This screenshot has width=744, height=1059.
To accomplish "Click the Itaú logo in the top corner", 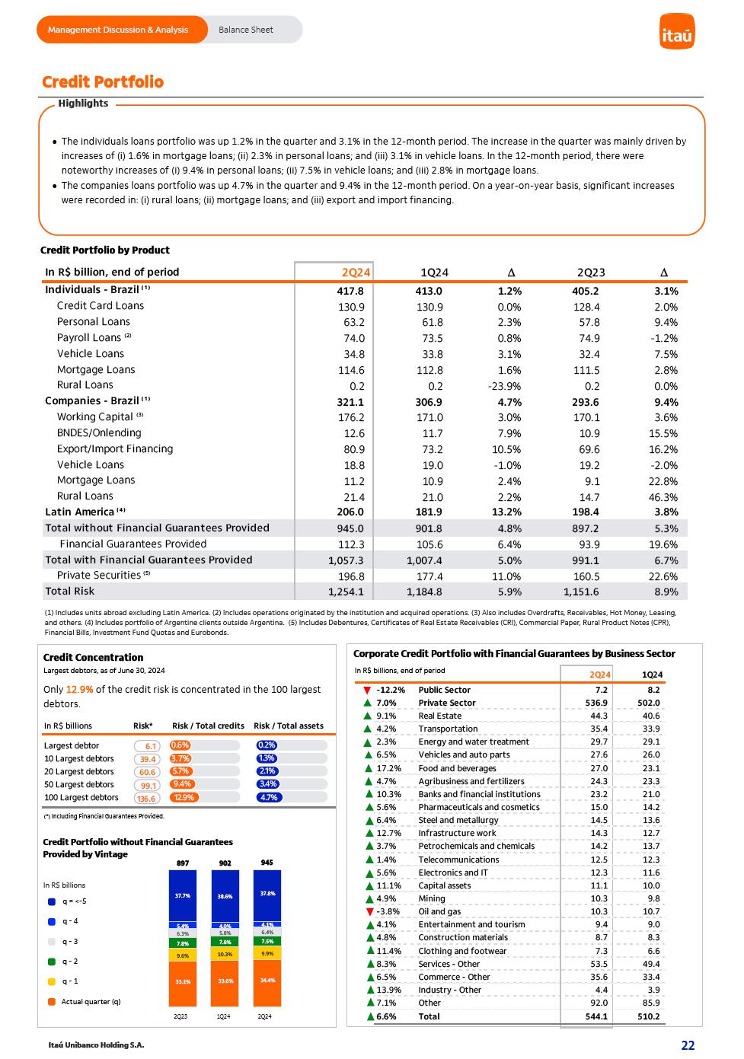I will (x=676, y=31).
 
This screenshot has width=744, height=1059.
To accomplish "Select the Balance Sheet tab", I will (x=245, y=30).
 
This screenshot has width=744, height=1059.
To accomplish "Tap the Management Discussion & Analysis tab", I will (x=118, y=30).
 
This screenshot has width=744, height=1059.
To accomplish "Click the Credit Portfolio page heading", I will (x=103, y=82).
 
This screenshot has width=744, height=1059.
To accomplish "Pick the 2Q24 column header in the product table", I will (x=356, y=273).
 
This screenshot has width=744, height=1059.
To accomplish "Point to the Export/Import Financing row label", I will (x=115, y=448).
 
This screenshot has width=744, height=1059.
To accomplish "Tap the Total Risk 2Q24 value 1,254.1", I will (x=346, y=592).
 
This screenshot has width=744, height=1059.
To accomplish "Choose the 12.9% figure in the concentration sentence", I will (x=79, y=690).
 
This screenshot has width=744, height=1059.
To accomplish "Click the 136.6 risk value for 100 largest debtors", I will (x=146, y=799).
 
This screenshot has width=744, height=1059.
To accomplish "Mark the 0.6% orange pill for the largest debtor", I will (x=180, y=745).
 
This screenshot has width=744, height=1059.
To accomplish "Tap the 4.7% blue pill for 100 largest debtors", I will (x=268, y=798).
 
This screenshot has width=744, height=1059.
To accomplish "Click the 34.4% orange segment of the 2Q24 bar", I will (x=267, y=981).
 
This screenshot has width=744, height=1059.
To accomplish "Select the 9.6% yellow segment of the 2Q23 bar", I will (x=183, y=955).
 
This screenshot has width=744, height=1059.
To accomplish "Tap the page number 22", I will (x=688, y=1045).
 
